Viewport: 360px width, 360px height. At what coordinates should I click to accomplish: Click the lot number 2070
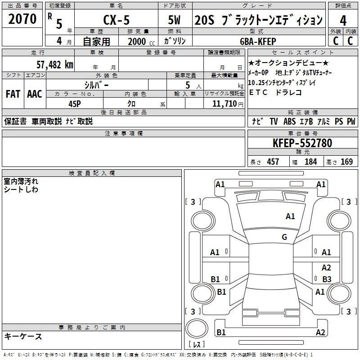pyautogui.click(x=22, y=19)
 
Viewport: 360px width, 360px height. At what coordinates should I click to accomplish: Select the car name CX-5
pyautogui.click(x=117, y=20)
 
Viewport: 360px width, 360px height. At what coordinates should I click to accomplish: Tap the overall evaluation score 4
pyautogui.click(x=343, y=21)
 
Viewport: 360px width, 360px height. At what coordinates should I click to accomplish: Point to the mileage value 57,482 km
pyautogui.click(x=55, y=65)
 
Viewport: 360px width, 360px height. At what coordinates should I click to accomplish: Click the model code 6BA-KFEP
pyautogui.click(x=258, y=41)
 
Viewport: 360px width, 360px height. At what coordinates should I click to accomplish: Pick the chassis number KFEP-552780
pyautogui.click(x=302, y=143)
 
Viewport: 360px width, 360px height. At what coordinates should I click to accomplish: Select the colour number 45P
pyautogui.click(x=75, y=104)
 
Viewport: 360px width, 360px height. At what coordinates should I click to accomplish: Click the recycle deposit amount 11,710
pyautogui.click(x=224, y=104)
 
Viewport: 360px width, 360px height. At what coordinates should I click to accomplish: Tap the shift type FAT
pyautogui.click(x=13, y=94)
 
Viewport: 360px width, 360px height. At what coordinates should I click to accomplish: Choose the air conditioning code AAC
pyautogui.click(x=35, y=94)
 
